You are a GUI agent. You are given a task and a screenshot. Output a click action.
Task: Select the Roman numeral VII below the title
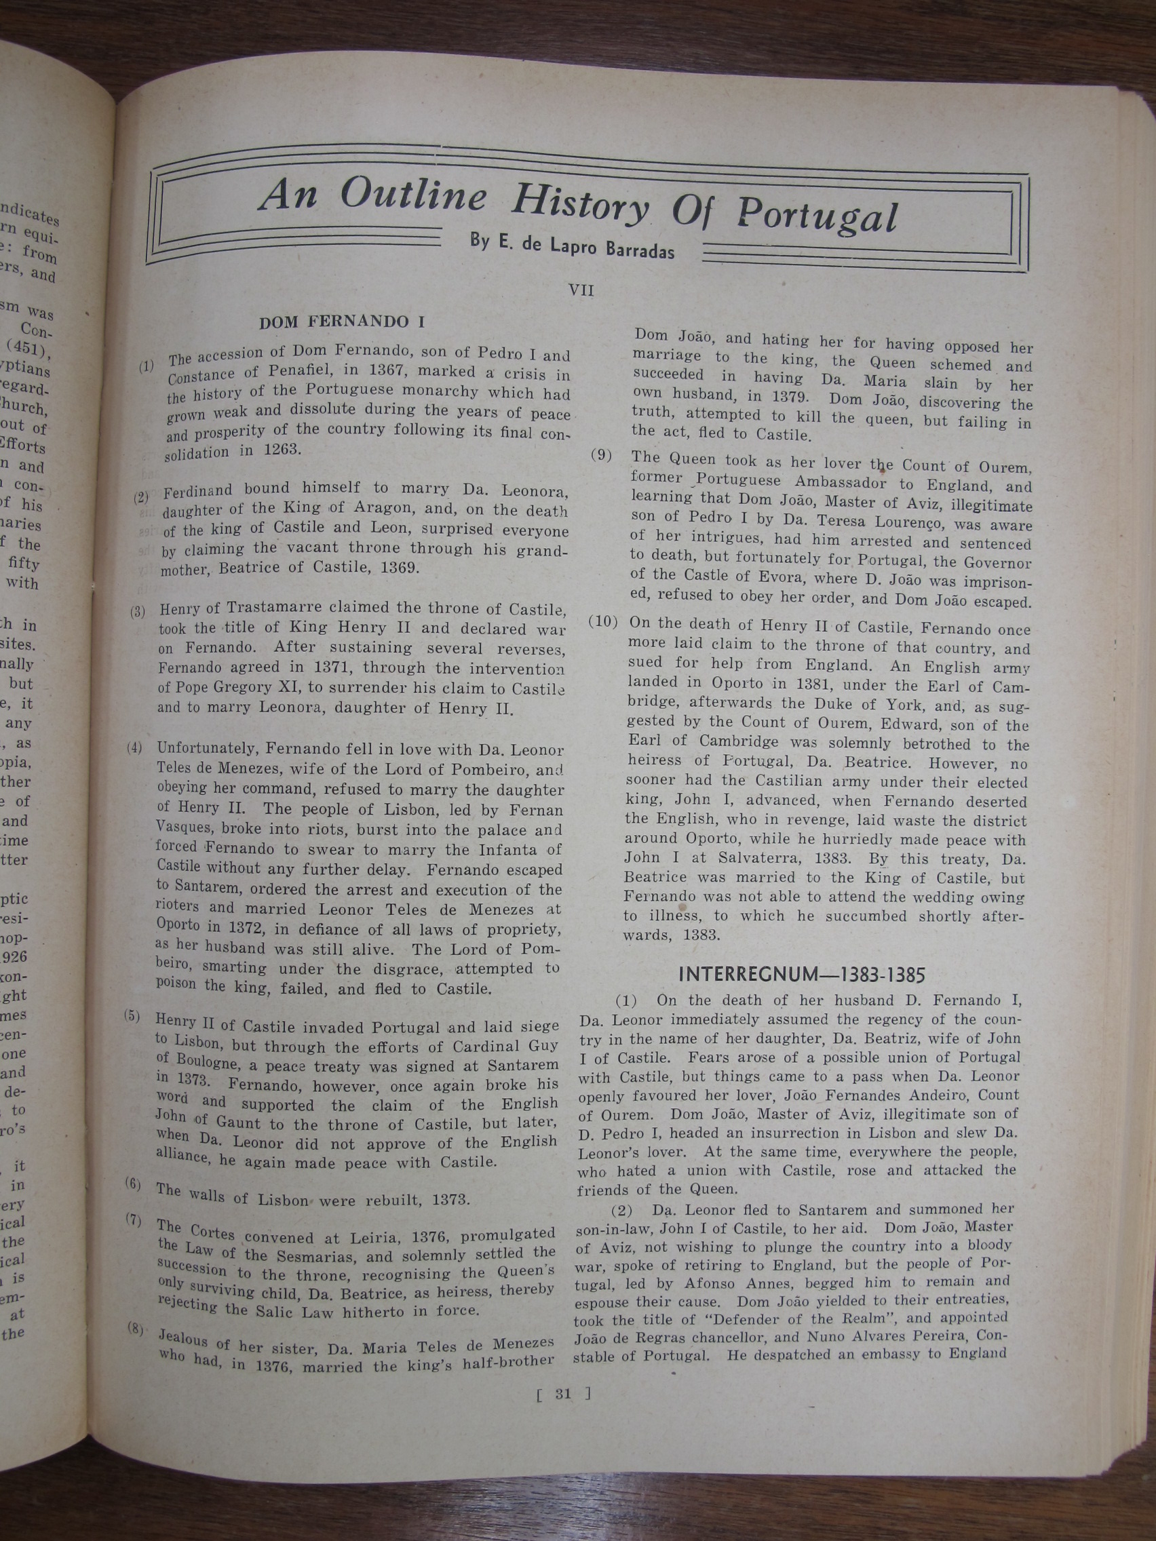tap(582, 290)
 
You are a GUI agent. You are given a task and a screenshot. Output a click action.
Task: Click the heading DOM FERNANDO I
tap(341, 322)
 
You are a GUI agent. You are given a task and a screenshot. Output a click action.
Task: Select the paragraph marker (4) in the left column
tap(134, 748)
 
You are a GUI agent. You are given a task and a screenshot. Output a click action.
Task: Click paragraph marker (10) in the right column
tap(603, 621)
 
